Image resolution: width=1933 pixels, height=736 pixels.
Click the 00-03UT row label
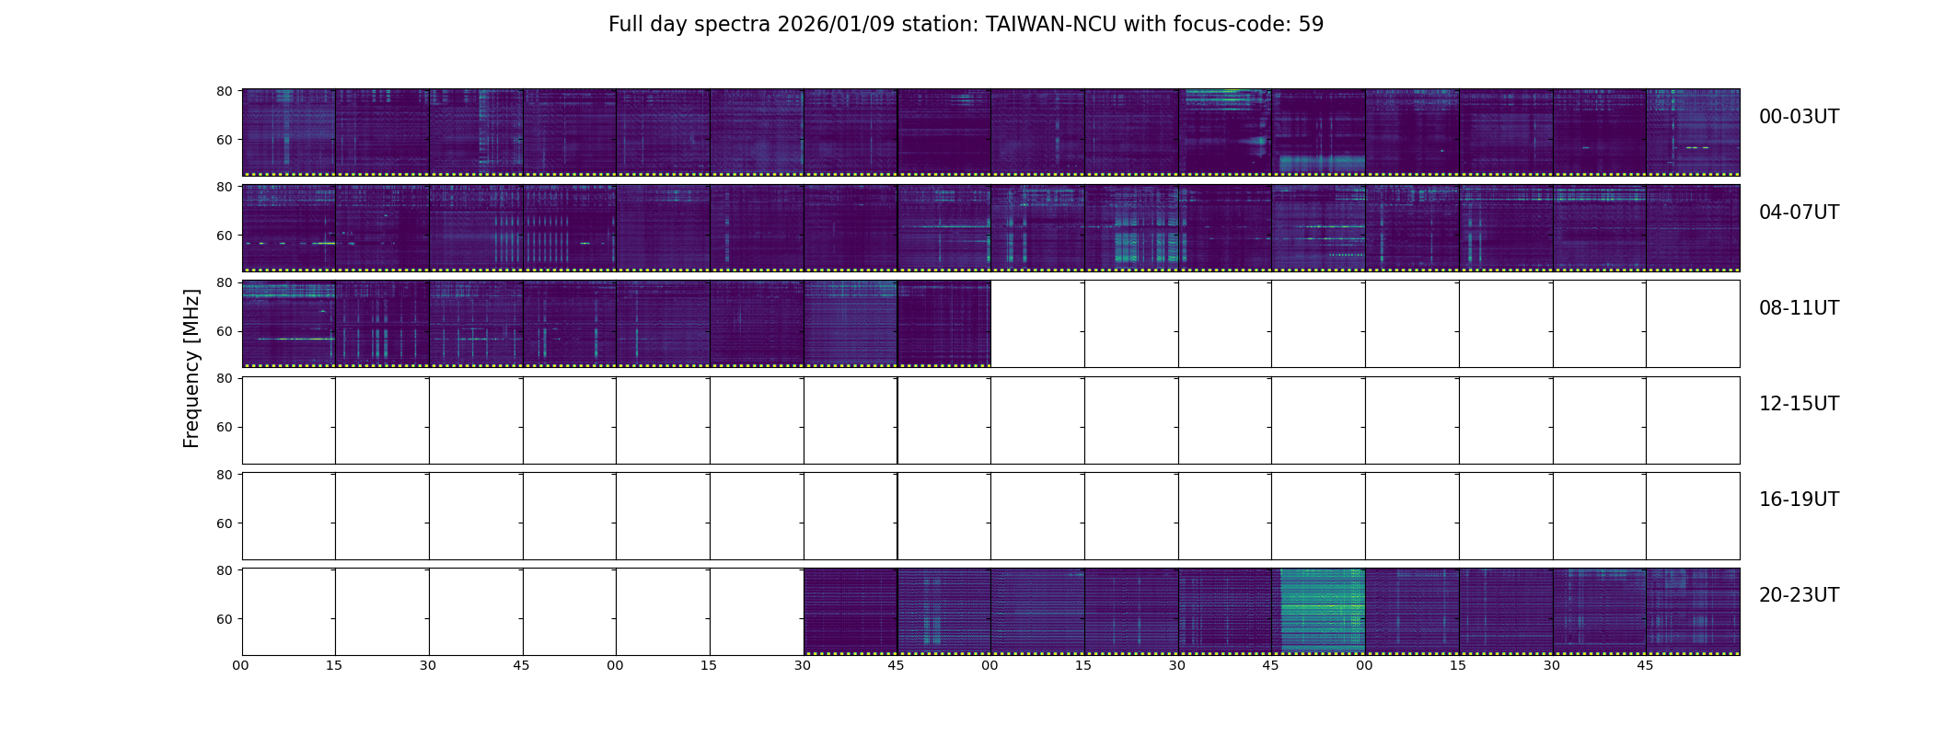click(1799, 117)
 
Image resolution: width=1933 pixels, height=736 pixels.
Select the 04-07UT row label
click(1799, 213)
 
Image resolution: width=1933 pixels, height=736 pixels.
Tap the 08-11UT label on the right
click(1799, 308)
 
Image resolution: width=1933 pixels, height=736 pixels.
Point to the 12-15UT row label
click(1799, 404)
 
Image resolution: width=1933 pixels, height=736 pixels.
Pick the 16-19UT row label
click(1799, 500)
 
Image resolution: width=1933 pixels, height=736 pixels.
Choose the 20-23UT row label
click(1799, 595)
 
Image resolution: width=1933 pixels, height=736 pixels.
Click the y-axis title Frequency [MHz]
click(191, 368)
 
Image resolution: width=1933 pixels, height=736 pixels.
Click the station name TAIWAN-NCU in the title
click(1051, 25)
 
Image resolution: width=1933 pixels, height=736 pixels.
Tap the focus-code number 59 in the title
click(1311, 25)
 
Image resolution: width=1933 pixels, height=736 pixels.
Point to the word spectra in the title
click(733, 25)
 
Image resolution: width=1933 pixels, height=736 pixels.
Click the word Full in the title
click(625, 25)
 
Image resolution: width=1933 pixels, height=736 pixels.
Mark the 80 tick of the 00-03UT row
click(224, 91)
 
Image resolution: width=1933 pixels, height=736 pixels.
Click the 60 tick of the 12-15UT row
click(224, 427)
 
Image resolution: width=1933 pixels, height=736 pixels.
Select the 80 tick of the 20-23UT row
click(224, 570)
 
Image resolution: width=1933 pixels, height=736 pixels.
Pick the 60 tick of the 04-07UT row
click(224, 236)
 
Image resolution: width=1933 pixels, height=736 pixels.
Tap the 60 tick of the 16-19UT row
click(224, 523)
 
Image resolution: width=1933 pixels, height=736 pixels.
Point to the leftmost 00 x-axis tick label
click(241, 665)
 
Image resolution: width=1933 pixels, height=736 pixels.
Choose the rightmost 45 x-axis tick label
click(1645, 665)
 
